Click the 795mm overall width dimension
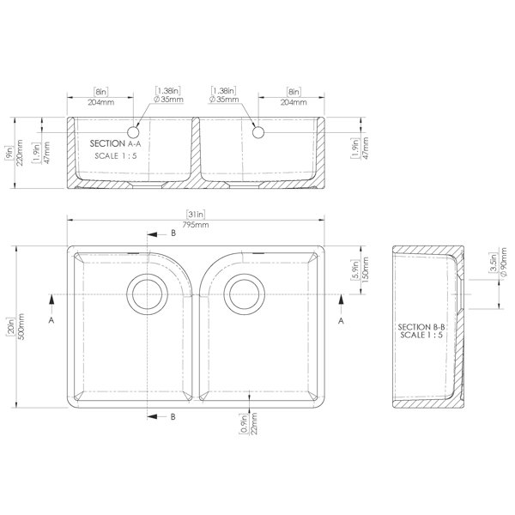[196, 225]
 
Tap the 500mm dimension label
[21, 326]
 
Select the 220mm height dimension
[20, 153]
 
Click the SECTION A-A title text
[116, 143]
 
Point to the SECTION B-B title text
[421, 327]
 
